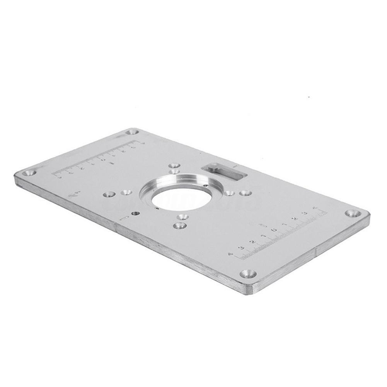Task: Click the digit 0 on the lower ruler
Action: tap(274, 231)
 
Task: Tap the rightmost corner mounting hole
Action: tap(353, 213)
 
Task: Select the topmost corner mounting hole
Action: tap(133, 132)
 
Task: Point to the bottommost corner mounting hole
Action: tap(247, 274)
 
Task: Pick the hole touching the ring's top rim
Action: tap(175, 171)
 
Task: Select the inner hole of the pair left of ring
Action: tap(125, 192)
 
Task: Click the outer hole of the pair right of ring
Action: tap(246, 193)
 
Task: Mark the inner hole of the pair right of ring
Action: tap(230, 193)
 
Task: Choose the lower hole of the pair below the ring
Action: tap(179, 225)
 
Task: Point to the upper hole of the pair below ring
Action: tap(184, 217)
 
